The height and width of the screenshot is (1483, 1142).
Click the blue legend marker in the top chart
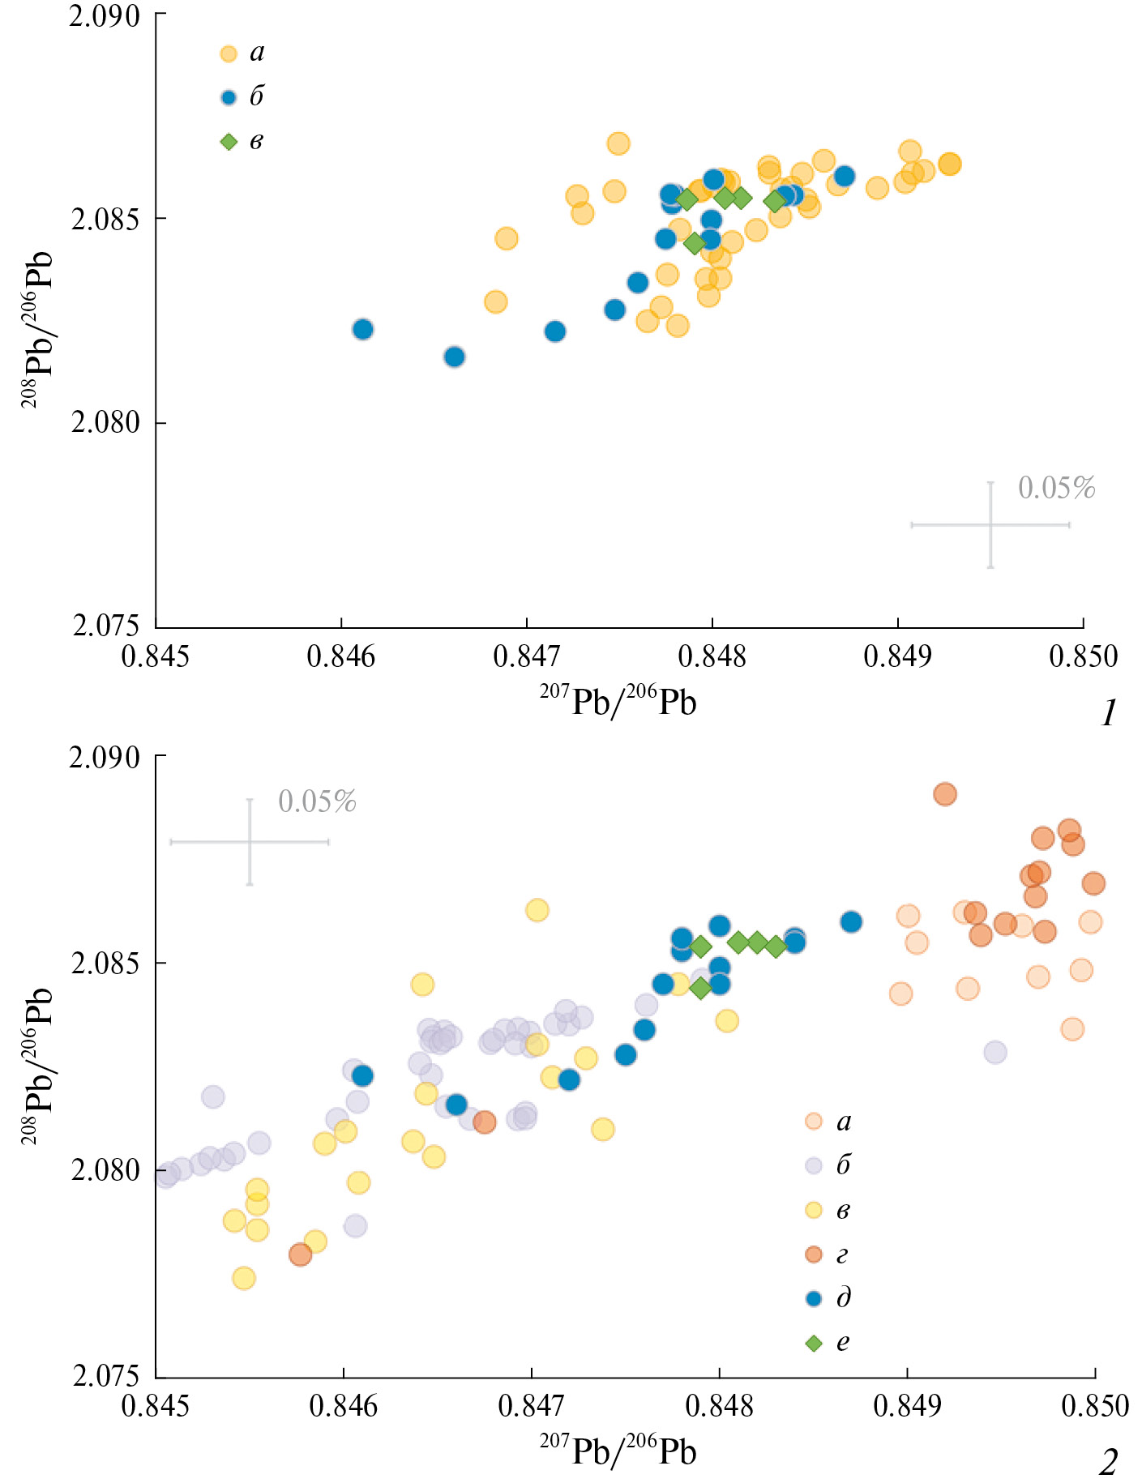[229, 98]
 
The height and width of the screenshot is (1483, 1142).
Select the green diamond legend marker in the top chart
[229, 142]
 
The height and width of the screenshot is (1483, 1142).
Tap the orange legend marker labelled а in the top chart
[229, 54]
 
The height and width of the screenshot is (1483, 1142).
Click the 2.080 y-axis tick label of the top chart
[106, 422]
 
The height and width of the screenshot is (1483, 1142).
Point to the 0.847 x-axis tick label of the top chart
[527, 656]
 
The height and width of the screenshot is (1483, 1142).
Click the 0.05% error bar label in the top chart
[1056, 488]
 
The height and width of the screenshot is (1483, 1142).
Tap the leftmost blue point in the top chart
[363, 329]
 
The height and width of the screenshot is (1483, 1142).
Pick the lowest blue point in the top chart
[455, 357]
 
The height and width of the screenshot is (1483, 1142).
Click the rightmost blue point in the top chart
[845, 176]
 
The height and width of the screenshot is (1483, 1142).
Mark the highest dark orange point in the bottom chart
[945, 794]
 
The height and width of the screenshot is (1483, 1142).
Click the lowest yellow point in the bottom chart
[244, 1278]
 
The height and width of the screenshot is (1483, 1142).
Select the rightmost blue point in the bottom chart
[851, 921]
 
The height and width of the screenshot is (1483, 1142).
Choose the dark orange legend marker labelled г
[814, 1254]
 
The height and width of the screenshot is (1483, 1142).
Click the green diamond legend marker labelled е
[814, 1344]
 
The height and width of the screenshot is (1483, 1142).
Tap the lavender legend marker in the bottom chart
[814, 1166]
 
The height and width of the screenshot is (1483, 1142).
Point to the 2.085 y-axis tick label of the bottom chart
[106, 964]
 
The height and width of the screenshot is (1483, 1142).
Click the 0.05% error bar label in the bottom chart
[317, 801]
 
